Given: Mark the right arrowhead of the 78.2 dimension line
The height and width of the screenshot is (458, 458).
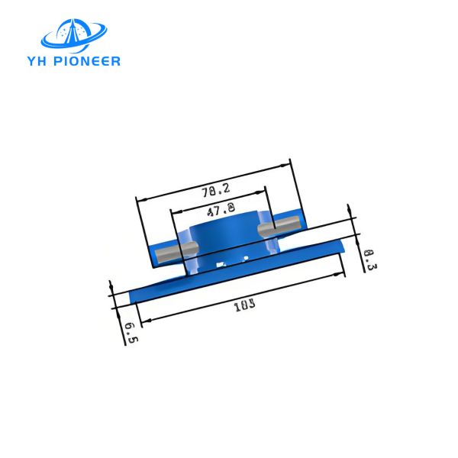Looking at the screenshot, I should pyautogui.click(x=288, y=163).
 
